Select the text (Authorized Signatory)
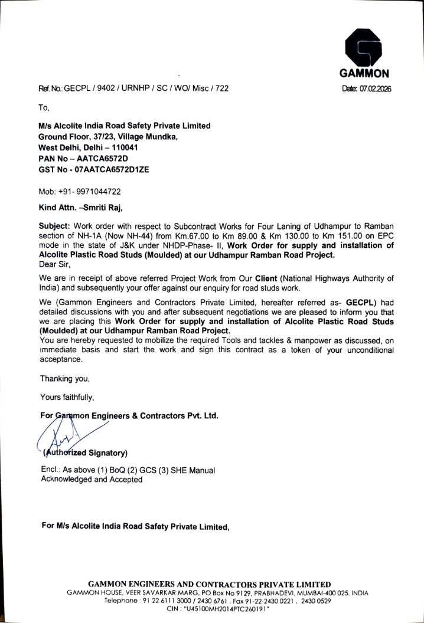(84, 453)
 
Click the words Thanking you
(64, 378)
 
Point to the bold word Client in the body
(266, 278)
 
